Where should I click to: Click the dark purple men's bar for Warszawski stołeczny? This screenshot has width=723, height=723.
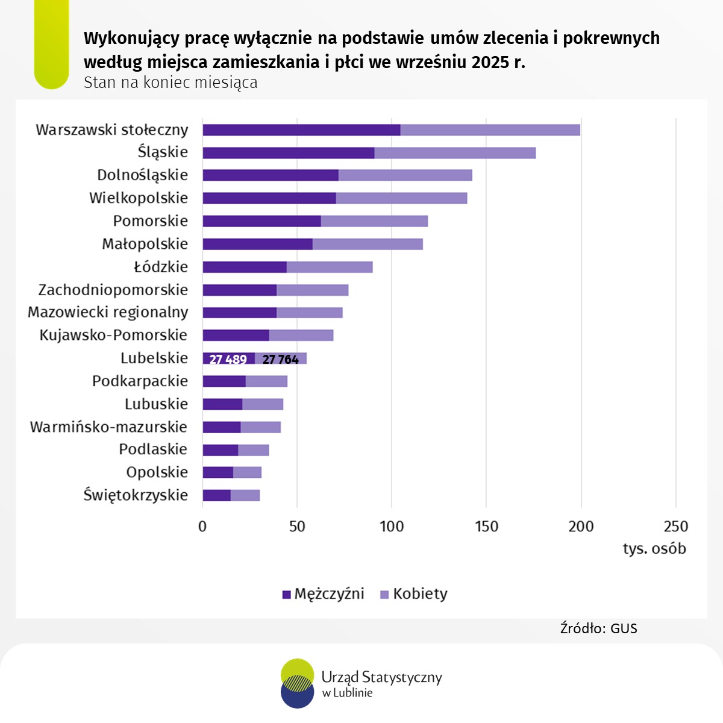[301, 130]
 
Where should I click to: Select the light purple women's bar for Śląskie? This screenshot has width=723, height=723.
[455, 153]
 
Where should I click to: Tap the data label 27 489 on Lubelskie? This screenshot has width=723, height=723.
[228, 360]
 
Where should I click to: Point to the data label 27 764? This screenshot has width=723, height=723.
[280, 360]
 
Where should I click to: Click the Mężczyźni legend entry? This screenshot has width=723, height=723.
[324, 594]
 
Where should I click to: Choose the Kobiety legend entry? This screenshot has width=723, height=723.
[414, 594]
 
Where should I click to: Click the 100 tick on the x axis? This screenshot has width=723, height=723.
[392, 527]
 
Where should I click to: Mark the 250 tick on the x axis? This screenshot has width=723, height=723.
[675, 527]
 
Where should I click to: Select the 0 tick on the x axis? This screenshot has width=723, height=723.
[202, 527]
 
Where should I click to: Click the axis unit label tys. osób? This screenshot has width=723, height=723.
[654, 549]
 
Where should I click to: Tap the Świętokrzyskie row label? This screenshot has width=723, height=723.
[136, 495]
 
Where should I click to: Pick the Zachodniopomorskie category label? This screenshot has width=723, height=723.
[113, 290]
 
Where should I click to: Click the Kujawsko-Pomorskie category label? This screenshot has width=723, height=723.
[113, 335]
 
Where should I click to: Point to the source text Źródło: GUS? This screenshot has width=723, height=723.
[598, 628]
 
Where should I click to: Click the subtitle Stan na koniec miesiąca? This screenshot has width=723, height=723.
[171, 83]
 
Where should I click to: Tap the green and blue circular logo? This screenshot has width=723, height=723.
[297, 683]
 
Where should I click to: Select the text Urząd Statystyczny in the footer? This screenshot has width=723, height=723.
[381, 677]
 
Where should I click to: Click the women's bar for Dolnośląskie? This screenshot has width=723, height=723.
[405, 175]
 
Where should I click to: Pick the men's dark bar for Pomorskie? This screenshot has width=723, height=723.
[261, 221]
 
